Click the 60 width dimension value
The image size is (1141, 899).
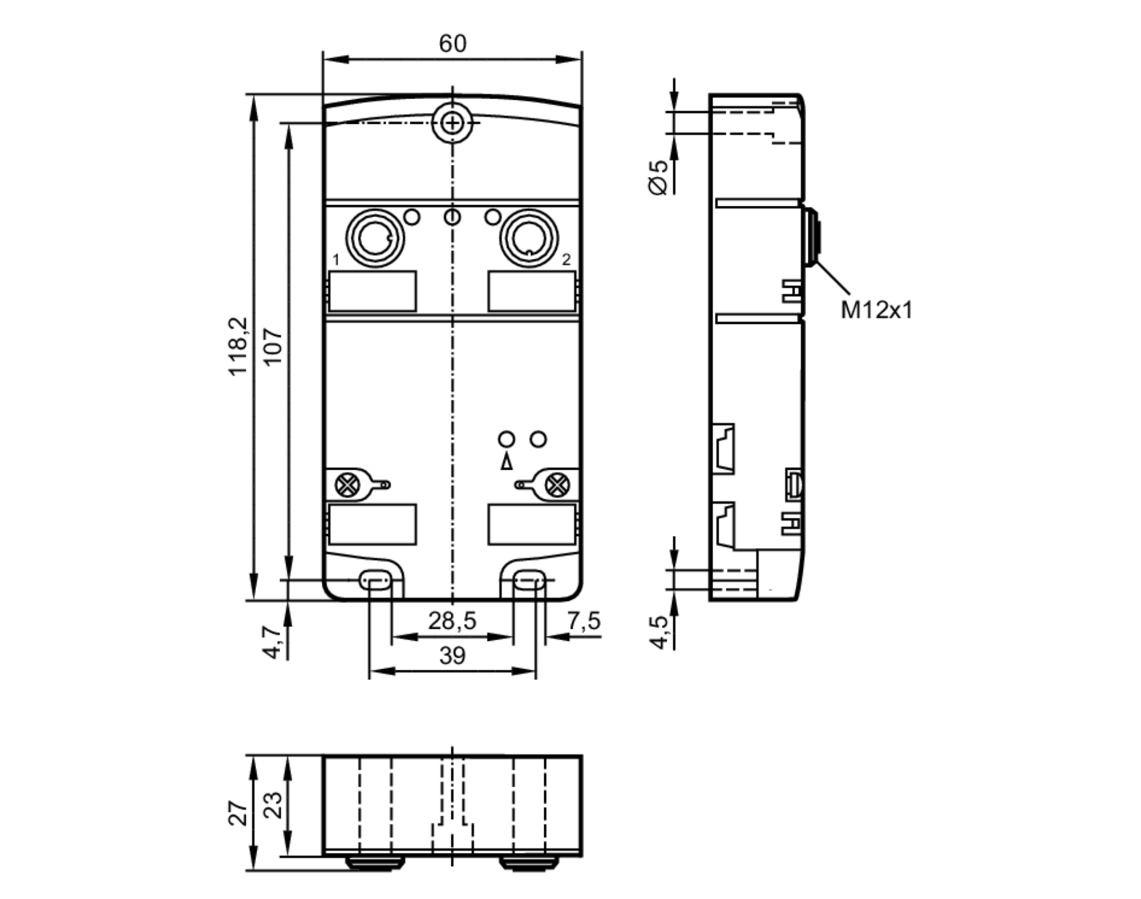pyautogui.click(x=452, y=44)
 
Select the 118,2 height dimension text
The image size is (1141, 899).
pyautogui.click(x=238, y=346)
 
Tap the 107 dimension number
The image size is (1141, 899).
pyautogui.click(x=274, y=346)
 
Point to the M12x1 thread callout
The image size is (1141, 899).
pyautogui.click(x=877, y=310)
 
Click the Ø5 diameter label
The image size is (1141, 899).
pyautogui.click(x=658, y=177)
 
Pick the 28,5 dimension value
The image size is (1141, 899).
pyautogui.click(x=452, y=621)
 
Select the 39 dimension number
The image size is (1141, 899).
pyautogui.click(x=452, y=656)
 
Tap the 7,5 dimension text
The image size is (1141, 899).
pyautogui.click(x=583, y=621)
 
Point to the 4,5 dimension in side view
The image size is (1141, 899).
pyautogui.click(x=659, y=632)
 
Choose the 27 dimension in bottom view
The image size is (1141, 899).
pyautogui.click(x=238, y=813)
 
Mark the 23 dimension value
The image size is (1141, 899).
pyautogui.click(x=274, y=805)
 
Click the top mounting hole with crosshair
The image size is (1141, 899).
pyautogui.click(x=452, y=123)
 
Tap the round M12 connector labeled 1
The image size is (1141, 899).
pyautogui.click(x=375, y=238)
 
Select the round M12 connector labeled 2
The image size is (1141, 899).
pyautogui.click(x=529, y=238)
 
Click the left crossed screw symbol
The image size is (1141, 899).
pyautogui.click(x=347, y=485)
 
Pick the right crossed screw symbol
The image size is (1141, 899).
pyautogui.click(x=557, y=485)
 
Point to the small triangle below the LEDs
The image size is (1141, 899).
pyautogui.click(x=506, y=462)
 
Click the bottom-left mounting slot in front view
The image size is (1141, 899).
pyautogui.click(x=375, y=581)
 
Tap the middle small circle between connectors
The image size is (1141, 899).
pyautogui.click(x=452, y=217)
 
